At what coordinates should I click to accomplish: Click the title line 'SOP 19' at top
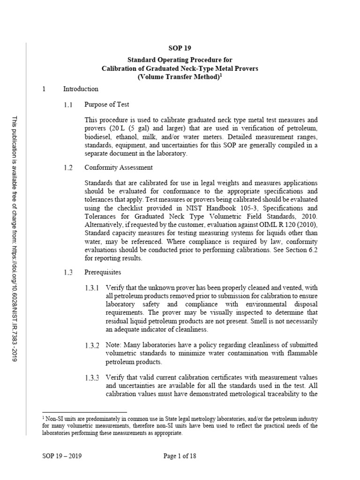[180, 48]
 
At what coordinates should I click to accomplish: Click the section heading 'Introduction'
[81, 89]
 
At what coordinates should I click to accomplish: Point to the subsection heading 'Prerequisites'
[102, 271]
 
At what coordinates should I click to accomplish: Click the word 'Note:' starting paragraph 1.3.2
[114, 345]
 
